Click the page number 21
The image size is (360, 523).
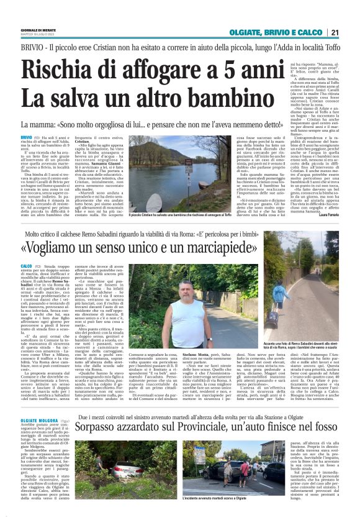tap(351, 32)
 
